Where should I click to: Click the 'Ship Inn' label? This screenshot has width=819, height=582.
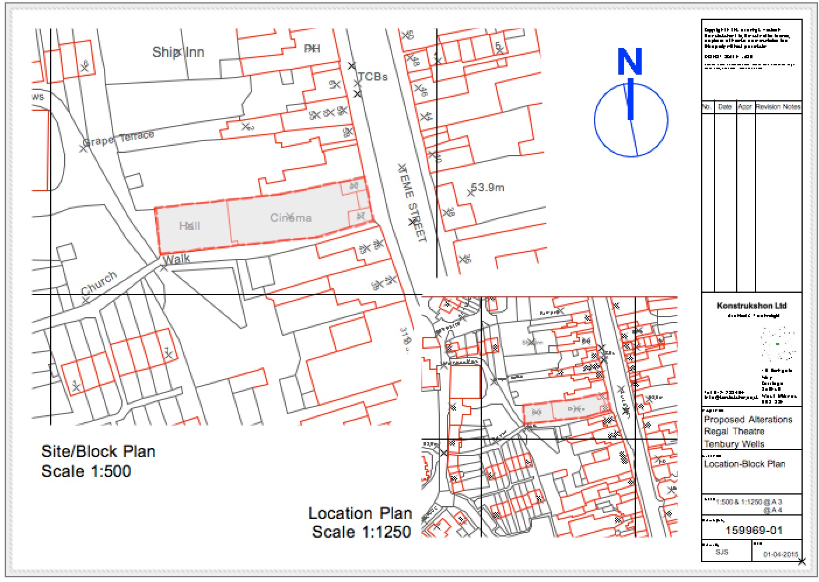pyautogui.click(x=178, y=52)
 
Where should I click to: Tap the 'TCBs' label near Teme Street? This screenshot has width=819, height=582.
pyautogui.click(x=373, y=77)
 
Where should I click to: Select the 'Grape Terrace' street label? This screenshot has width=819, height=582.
pyautogui.click(x=119, y=139)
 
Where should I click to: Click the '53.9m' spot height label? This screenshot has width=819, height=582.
pyautogui.click(x=488, y=188)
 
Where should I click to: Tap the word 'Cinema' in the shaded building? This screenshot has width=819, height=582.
pyautogui.click(x=290, y=218)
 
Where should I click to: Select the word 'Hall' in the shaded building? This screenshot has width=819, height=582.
pyautogui.click(x=190, y=226)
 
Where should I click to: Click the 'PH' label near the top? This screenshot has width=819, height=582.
pyautogui.click(x=312, y=48)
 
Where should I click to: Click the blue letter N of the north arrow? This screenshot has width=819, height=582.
pyautogui.click(x=630, y=62)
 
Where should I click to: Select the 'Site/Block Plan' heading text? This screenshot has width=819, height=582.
pyautogui.click(x=98, y=451)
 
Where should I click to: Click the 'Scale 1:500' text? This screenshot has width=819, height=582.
pyautogui.click(x=86, y=471)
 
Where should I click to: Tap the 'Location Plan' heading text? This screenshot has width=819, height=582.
pyautogui.click(x=360, y=513)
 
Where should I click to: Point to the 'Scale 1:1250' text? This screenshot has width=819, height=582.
pyautogui.click(x=361, y=532)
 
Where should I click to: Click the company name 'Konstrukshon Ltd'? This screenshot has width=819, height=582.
pyautogui.click(x=751, y=306)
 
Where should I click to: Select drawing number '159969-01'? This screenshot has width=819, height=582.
pyautogui.click(x=753, y=530)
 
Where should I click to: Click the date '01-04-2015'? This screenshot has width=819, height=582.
pyautogui.click(x=780, y=555)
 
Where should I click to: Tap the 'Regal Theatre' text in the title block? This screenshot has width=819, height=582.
pyautogui.click(x=734, y=432)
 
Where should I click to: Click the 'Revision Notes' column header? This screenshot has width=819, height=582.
pyautogui.click(x=778, y=107)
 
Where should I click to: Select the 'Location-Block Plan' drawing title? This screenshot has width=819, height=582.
pyautogui.click(x=744, y=464)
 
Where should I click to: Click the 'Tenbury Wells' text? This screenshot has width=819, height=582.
pyautogui.click(x=734, y=444)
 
